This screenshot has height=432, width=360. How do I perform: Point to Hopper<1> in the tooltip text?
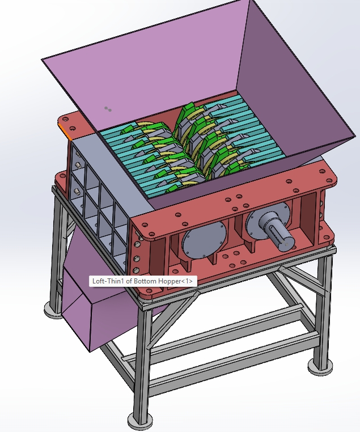[x=178, y=281]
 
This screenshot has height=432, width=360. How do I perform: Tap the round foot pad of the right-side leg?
[x=319, y=366]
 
